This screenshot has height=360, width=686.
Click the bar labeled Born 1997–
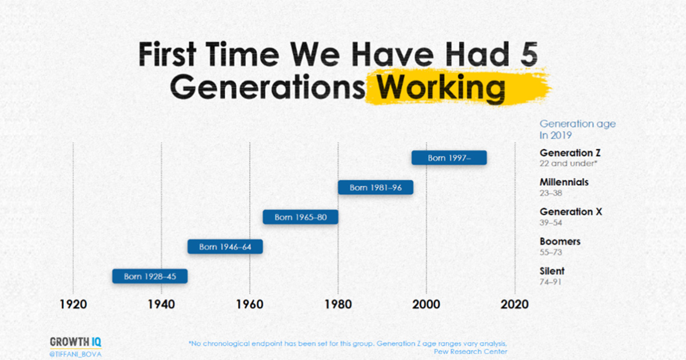click(x=449, y=158)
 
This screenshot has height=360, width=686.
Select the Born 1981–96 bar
click(x=376, y=187)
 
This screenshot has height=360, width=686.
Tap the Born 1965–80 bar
click(x=301, y=217)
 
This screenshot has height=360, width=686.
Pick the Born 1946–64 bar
click(x=225, y=247)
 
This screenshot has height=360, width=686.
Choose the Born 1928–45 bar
click(x=150, y=277)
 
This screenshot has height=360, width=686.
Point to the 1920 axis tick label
click(x=73, y=304)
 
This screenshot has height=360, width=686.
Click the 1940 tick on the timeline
click(x=161, y=304)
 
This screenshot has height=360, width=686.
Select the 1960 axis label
click(x=250, y=304)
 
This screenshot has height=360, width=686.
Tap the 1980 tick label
click(x=338, y=304)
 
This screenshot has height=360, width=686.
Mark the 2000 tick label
click(x=426, y=304)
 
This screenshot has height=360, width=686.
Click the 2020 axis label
click(x=514, y=304)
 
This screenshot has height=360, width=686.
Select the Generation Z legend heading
click(x=570, y=153)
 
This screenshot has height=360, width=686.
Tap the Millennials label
click(x=564, y=182)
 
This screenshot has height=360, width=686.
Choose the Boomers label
click(x=560, y=242)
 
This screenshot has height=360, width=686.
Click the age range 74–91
click(x=551, y=282)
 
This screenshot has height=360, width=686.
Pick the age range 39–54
click(x=551, y=222)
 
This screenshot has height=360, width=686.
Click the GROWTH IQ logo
click(x=75, y=342)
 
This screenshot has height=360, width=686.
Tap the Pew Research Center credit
click(x=470, y=352)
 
